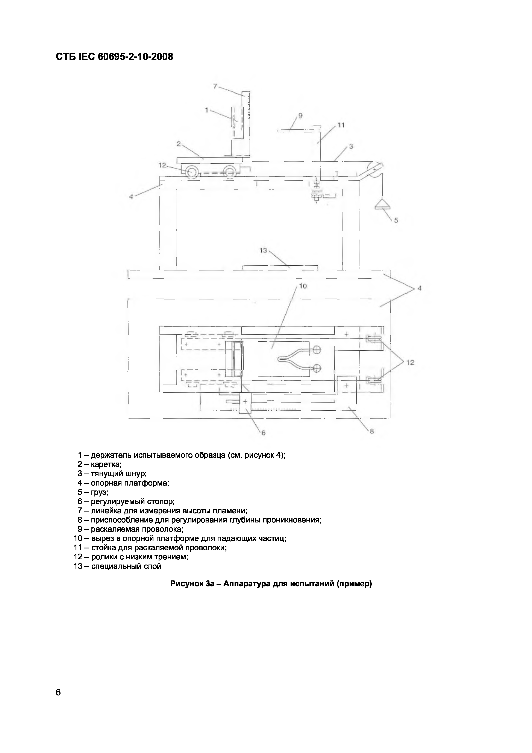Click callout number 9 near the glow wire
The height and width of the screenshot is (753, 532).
(x=300, y=115)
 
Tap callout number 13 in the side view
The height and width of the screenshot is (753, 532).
(x=263, y=250)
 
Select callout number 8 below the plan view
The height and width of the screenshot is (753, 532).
(x=372, y=432)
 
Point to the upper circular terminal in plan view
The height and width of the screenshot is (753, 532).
(x=316, y=350)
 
